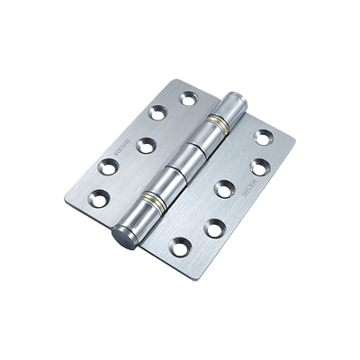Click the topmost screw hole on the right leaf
(264, 137)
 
